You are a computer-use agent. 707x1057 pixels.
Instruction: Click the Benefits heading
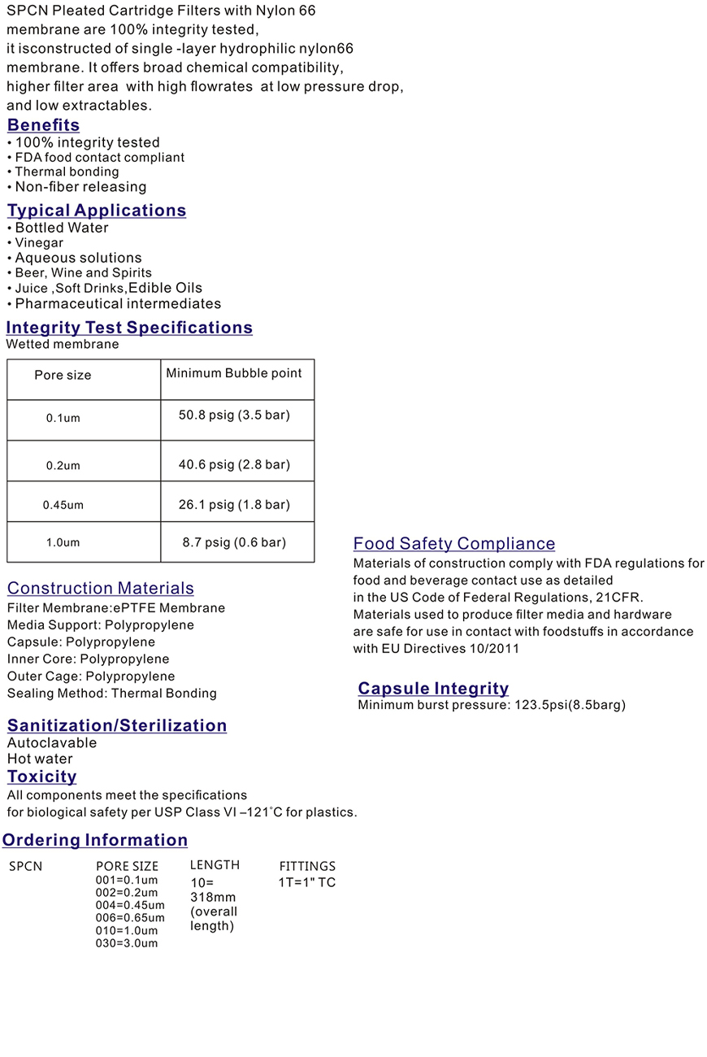point(43,125)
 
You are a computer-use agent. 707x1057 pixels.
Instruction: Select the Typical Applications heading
point(97,211)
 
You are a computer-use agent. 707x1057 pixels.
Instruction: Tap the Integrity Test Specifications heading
point(129,328)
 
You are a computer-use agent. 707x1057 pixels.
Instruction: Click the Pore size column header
point(63,376)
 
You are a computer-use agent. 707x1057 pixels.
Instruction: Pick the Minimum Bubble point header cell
point(234,373)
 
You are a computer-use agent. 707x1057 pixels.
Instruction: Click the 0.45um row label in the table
point(63,505)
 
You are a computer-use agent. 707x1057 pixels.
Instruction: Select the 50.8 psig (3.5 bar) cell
point(234,415)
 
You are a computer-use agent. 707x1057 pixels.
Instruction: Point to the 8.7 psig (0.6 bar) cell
point(234,542)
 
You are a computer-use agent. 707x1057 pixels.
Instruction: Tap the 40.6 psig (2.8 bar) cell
point(234,464)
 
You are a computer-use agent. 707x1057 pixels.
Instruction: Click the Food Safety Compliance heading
point(454,544)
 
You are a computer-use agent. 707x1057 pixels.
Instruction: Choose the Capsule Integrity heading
point(433,689)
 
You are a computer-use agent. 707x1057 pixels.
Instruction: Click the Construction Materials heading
point(101,589)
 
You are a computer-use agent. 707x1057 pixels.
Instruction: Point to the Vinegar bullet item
point(39,243)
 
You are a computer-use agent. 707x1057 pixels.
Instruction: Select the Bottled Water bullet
point(62,228)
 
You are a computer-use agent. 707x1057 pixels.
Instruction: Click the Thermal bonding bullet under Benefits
point(67,172)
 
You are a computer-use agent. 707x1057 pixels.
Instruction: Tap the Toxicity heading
point(42,776)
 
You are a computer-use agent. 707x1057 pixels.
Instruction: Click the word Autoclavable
point(52,743)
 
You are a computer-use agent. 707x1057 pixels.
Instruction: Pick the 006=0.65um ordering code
point(130,918)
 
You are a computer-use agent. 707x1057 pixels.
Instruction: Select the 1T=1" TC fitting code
point(307,883)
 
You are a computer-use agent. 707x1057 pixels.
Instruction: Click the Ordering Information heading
point(95,841)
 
